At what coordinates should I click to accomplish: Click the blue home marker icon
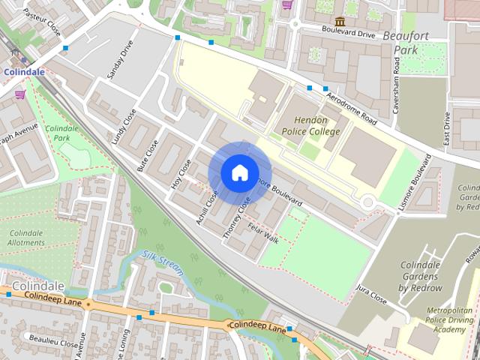(x=239, y=172)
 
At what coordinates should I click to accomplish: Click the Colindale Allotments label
(x=25, y=238)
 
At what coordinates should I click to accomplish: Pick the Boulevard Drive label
(x=347, y=34)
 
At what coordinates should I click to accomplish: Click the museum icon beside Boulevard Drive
(x=340, y=21)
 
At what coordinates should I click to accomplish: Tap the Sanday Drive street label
(x=120, y=60)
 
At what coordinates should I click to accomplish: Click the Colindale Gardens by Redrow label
(x=421, y=277)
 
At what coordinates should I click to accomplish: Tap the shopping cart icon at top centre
(x=286, y=4)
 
